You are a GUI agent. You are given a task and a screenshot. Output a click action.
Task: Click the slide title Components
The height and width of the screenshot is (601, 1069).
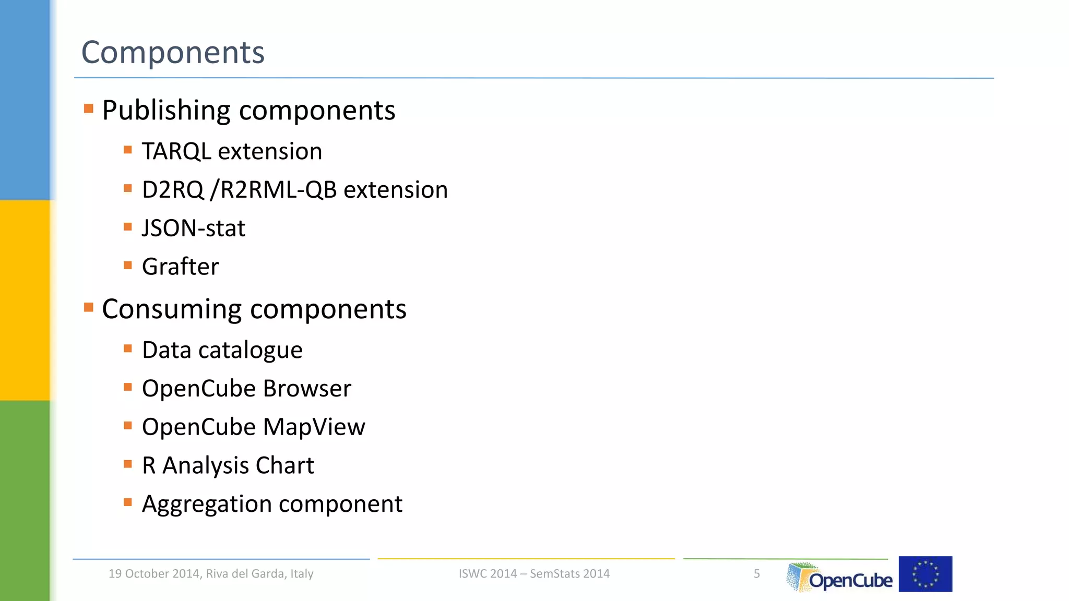click(173, 53)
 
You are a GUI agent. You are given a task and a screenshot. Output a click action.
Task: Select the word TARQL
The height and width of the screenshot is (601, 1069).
click(176, 151)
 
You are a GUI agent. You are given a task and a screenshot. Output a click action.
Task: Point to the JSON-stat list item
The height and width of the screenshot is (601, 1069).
click(193, 229)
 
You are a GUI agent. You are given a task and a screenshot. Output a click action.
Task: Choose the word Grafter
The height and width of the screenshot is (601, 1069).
click(180, 267)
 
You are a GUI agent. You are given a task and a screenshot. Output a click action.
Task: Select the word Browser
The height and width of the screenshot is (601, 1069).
click(307, 389)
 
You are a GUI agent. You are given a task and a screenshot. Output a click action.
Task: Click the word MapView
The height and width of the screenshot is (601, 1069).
click(314, 427)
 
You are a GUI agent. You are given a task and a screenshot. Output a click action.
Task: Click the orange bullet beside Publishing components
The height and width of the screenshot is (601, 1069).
click(89, 109)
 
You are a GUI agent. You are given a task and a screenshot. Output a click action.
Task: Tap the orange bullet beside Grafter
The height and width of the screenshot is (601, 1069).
click(128, 265)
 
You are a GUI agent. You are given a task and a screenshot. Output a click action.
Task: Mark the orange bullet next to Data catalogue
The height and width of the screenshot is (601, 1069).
click(128, 348)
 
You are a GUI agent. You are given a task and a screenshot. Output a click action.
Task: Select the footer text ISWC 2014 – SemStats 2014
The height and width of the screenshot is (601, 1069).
click(534, 574)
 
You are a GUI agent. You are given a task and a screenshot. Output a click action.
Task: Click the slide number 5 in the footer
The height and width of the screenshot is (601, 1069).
click(756, 574)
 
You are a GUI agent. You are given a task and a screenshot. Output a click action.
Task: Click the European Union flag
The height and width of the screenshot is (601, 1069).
click(925, 574)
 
